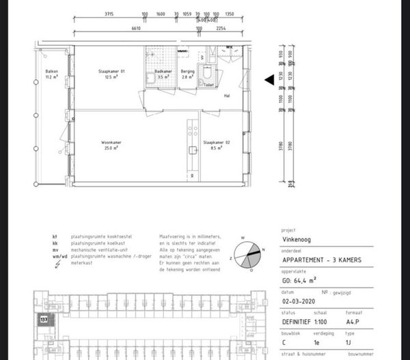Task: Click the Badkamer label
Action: [162, 72]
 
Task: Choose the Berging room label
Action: [188, 72]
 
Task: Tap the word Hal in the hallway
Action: [226, 96]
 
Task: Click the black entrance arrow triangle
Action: [269, 80]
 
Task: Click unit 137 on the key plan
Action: [43, 320]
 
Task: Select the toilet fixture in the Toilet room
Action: [210, 77]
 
